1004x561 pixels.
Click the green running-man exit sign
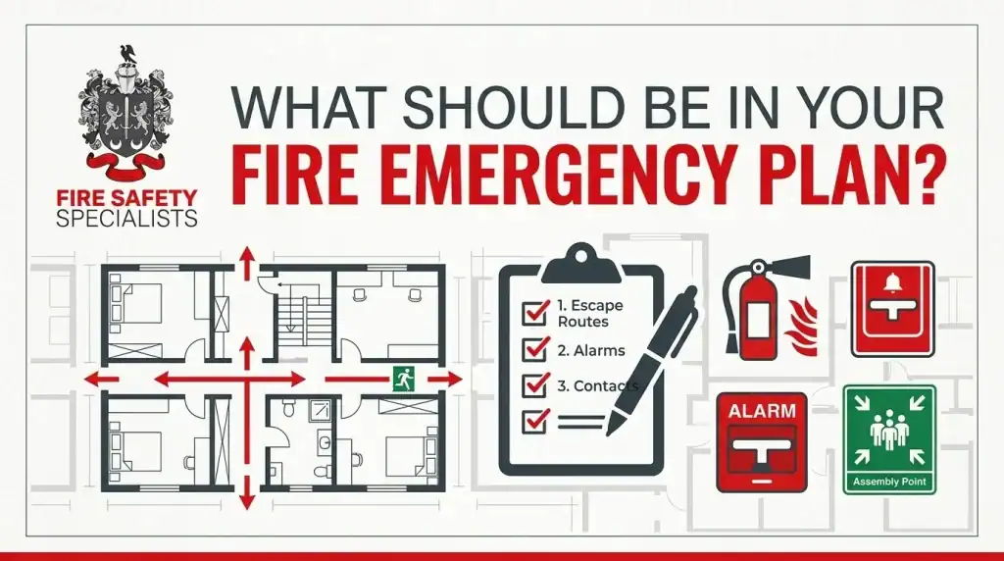[x=403, y=380]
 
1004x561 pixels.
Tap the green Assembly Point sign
[x=889, y=439]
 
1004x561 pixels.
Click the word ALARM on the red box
[x=762, y=411]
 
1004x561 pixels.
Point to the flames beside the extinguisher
[x=804, y=327]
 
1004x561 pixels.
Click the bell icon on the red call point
[x=892, y=281]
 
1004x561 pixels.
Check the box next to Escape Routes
[x=535, y=312]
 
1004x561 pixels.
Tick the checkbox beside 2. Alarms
[x=535, y=349]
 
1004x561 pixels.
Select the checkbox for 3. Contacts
[x=535, y=384]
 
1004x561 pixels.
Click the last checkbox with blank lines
[x=535, y=421]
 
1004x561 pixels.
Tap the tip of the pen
[x=610, y=432]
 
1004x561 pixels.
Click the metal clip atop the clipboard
[x=580, y=264]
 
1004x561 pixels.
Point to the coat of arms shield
[x=126, y=123]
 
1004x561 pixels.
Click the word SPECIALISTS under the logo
[x=126, y=219]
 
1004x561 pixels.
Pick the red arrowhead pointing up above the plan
[x=246, y=256]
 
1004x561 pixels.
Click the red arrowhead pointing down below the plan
[x=246, y=501]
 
